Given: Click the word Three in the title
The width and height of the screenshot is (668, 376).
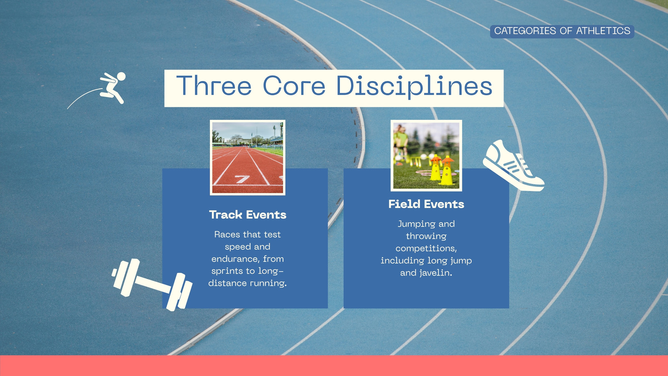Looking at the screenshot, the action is pos(214,85).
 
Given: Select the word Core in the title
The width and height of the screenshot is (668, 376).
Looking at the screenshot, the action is pos(294,85).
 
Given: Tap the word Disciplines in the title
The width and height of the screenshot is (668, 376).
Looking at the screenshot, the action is pos(414,86).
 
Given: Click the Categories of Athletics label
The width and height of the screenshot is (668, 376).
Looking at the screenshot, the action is pos(562,31).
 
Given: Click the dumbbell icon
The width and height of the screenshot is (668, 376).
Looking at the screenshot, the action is pos(152,285).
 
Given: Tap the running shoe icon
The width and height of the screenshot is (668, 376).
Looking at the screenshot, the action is pos(513,166).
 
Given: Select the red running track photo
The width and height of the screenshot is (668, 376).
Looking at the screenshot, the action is pos(248,158).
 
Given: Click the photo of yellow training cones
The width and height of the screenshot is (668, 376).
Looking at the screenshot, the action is pos(426,155).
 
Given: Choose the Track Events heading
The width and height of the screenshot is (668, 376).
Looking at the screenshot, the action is pos(248,215).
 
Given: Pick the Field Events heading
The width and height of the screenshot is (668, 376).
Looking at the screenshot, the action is pos(426,204).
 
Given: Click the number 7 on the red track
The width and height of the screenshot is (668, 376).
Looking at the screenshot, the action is pos(242,179).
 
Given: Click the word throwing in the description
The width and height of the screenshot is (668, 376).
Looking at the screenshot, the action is pos(426,236).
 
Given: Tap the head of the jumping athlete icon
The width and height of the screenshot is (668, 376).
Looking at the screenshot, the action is pos(121,76).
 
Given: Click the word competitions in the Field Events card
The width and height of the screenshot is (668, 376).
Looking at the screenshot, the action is pos(426,249).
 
